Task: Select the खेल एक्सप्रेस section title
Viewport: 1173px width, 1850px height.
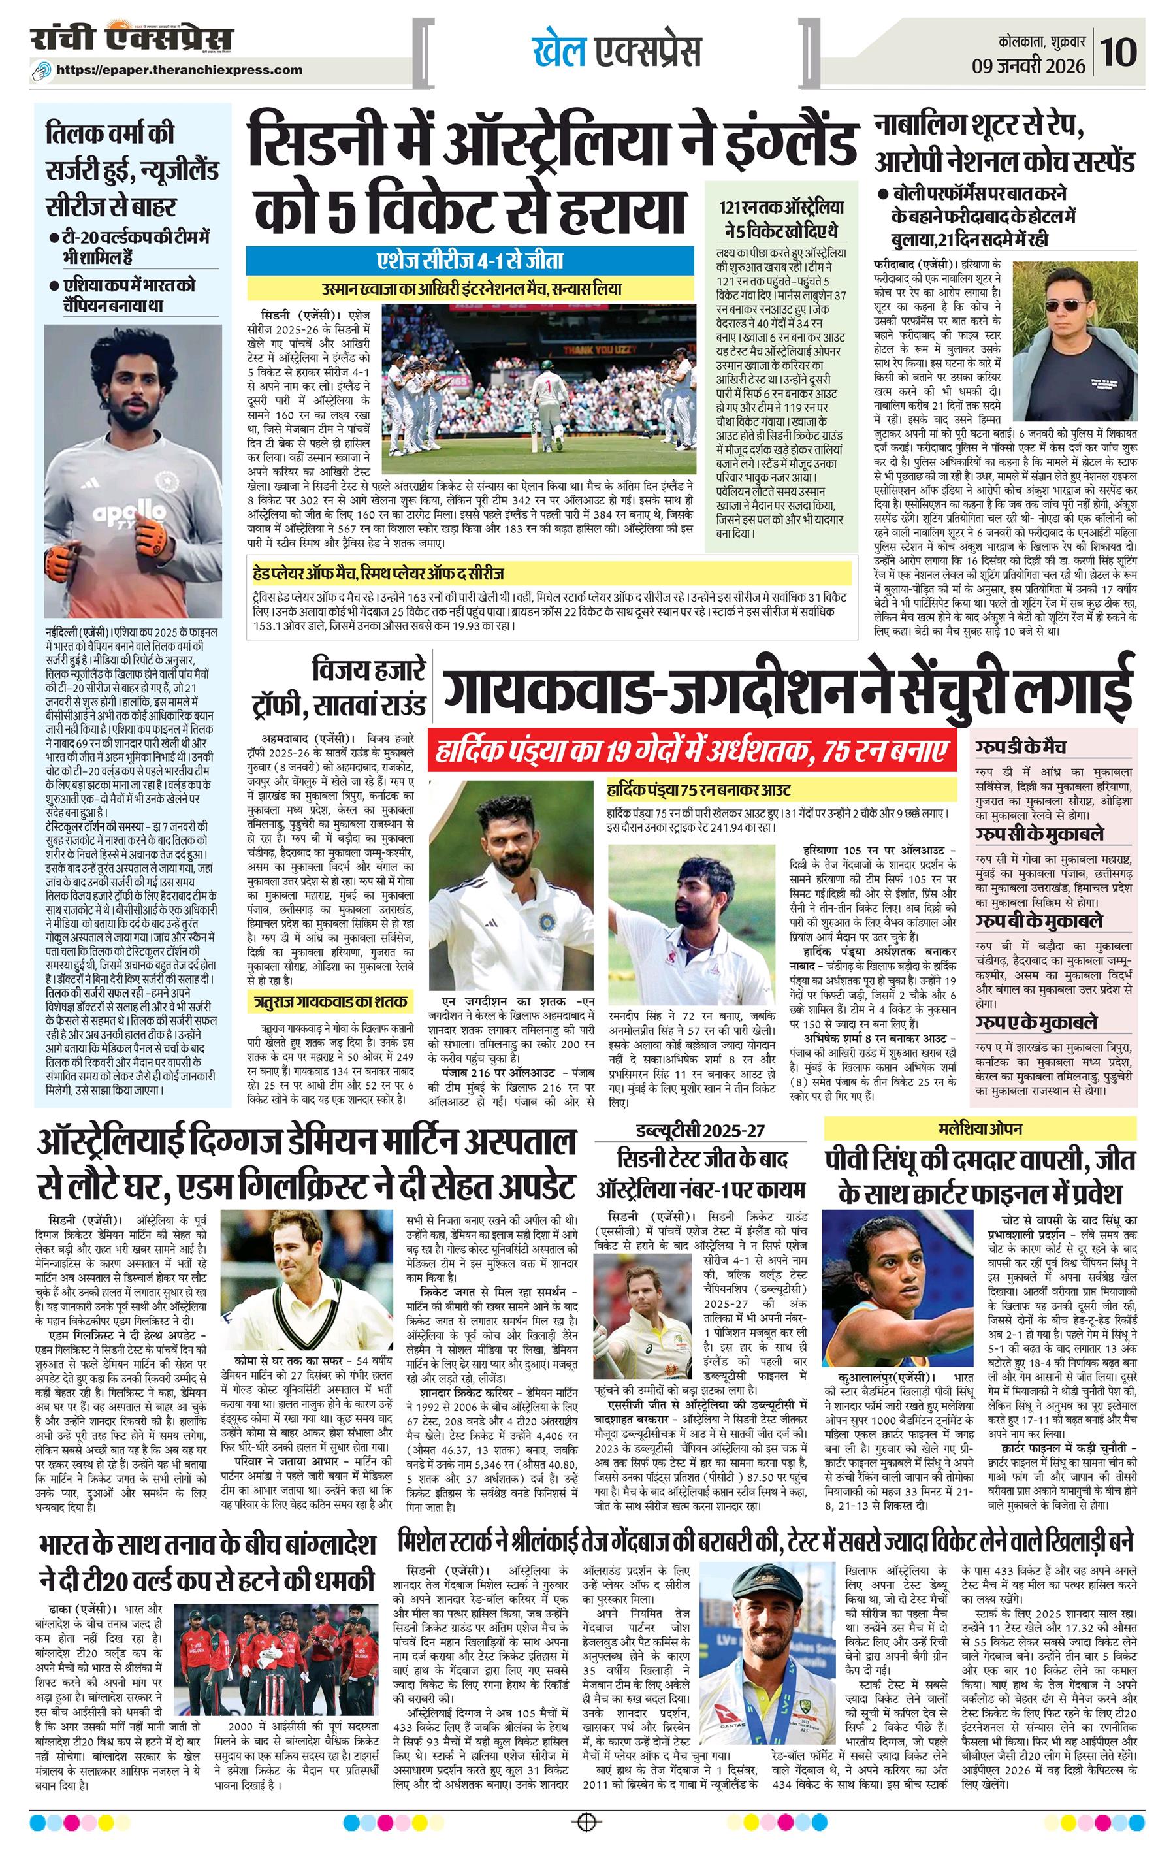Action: [x=617, y=52]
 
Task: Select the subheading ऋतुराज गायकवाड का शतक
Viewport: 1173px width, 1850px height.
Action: [x=331, y=1001]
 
